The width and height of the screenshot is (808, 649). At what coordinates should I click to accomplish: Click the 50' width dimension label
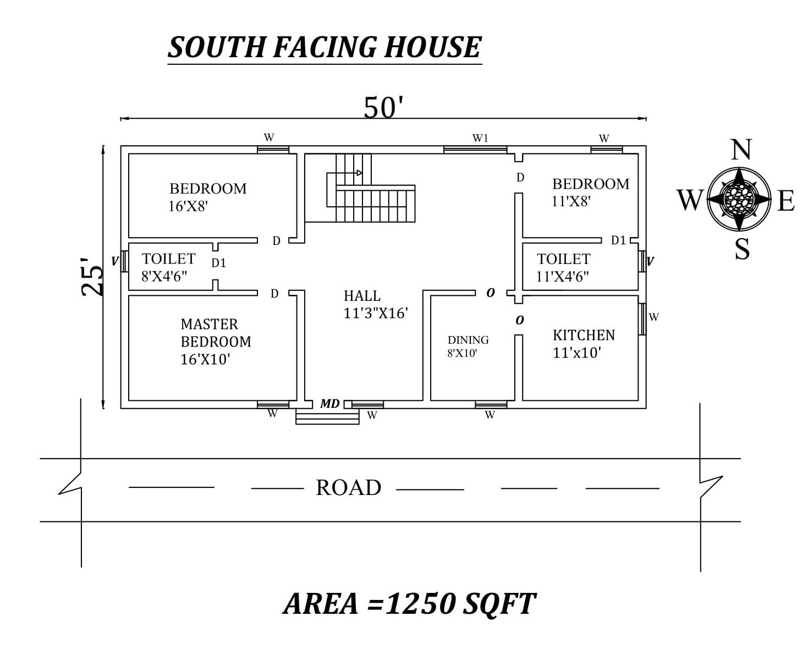[383, 107]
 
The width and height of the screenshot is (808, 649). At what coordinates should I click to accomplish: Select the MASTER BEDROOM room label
[215, 333]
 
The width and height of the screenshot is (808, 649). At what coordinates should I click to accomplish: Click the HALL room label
[362, 296]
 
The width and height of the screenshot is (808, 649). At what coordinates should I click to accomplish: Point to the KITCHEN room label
[584, 335]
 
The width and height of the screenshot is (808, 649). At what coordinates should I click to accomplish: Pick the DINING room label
[468, 340]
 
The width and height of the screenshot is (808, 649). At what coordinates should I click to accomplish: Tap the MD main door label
[330, 404]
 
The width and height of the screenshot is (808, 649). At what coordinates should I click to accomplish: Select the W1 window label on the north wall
[480, 138]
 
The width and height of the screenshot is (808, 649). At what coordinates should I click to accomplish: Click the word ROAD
[348, 488]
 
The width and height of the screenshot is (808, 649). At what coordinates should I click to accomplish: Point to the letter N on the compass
[741, 149]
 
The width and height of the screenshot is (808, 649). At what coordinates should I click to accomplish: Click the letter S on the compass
[742, 249]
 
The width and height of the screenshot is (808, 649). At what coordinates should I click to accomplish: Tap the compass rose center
[739, 199]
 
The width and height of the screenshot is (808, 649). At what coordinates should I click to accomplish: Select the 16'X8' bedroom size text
[189, 207]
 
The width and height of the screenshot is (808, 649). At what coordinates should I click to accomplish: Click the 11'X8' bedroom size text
[571, 201]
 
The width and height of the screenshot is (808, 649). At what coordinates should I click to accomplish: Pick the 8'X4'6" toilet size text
[164, 276]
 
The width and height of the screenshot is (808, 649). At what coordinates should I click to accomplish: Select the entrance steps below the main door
[327, 417]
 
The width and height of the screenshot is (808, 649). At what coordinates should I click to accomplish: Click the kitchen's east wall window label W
[654, 317]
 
